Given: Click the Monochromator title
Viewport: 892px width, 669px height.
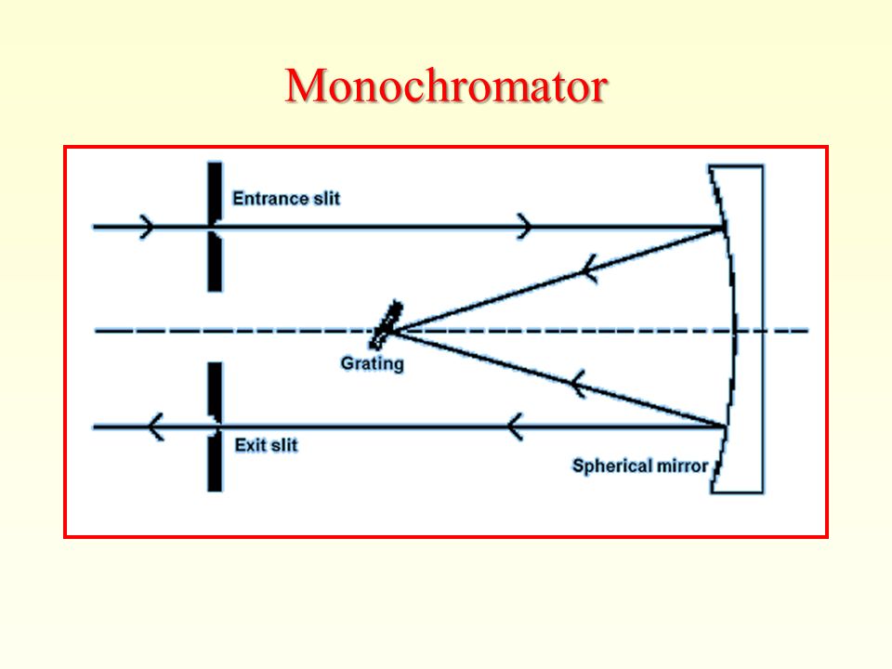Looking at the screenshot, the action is click(447, 85).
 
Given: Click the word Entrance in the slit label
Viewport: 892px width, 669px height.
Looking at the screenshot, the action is click(265, 199).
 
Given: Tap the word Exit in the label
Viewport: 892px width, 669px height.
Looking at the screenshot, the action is click(249, 445).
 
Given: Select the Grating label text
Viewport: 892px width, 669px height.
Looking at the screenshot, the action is click(372, 363).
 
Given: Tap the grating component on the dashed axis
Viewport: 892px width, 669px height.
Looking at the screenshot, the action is click(387, 325).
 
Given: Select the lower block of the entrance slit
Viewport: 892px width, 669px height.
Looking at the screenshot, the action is click(215, 262).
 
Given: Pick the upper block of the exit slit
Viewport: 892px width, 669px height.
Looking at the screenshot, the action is click(215, 391).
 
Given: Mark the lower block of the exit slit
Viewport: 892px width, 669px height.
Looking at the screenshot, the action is click(215, 461).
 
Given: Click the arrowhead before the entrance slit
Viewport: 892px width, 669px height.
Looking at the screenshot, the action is click(147, 227).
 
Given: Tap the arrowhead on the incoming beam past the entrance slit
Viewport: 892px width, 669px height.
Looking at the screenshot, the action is click(524, 227).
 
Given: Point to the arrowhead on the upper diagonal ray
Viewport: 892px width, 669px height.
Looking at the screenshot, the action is click(589, 269).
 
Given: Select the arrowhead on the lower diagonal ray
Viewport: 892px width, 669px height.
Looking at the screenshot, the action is click(577, 384).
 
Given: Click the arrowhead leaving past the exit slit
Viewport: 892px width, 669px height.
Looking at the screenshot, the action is click(155, 426).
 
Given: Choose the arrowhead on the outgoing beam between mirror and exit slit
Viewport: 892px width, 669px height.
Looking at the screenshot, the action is click(515, 426).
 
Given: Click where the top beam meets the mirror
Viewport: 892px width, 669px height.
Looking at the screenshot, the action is click(724, 228).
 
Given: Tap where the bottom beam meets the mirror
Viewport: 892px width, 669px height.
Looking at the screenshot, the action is click(725, 426).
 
